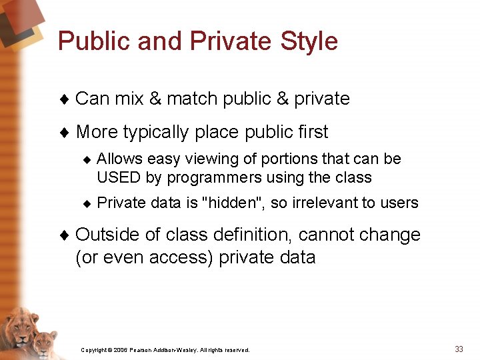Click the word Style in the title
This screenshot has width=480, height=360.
pyautogui.click(x=309, y=41)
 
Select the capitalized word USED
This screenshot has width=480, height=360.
pyautogui.click(x=116, y=178)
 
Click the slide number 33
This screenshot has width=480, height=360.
pyautogui.click(x=459, y=349)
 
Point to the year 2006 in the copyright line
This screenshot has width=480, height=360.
pyautogui.click(x=120, y=350)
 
